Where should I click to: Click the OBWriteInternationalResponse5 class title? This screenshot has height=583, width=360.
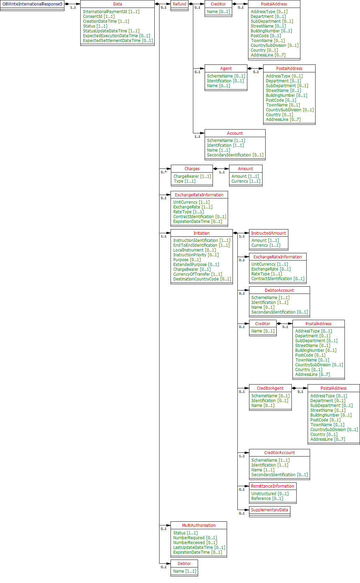pyautogui.click(x=32, y=4)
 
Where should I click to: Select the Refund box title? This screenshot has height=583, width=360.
pyautogui.click(x=179, y=4)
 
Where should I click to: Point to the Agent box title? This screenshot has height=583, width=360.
pyautogui.click(x=226, y=69)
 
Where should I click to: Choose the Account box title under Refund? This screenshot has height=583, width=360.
pyautogui.click(x=235, y=133)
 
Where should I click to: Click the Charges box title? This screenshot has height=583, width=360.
pyautogui.click(x=192, y=169)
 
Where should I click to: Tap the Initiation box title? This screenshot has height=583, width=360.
pyautogui.click(x=202, y=233)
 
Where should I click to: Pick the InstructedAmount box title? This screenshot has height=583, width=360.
pyautogui.click(x=268, y=233)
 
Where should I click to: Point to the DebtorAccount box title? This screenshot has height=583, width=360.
pyautogui.click(x=279, y=290)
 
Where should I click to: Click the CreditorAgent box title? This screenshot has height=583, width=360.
pyautogui.click(x=270, y=388)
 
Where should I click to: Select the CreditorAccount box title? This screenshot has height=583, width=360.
pyautogui.click(x=279, y=453)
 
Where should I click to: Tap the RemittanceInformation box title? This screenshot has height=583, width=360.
pyautogui.click(x=272, y=486)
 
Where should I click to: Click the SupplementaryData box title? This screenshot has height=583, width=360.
pyautogui.click(x=269, y=510)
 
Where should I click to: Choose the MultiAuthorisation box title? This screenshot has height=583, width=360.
pyautogui.click(x=199, y=525)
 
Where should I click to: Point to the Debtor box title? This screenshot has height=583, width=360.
pyautogui.click(x=184, y=564)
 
